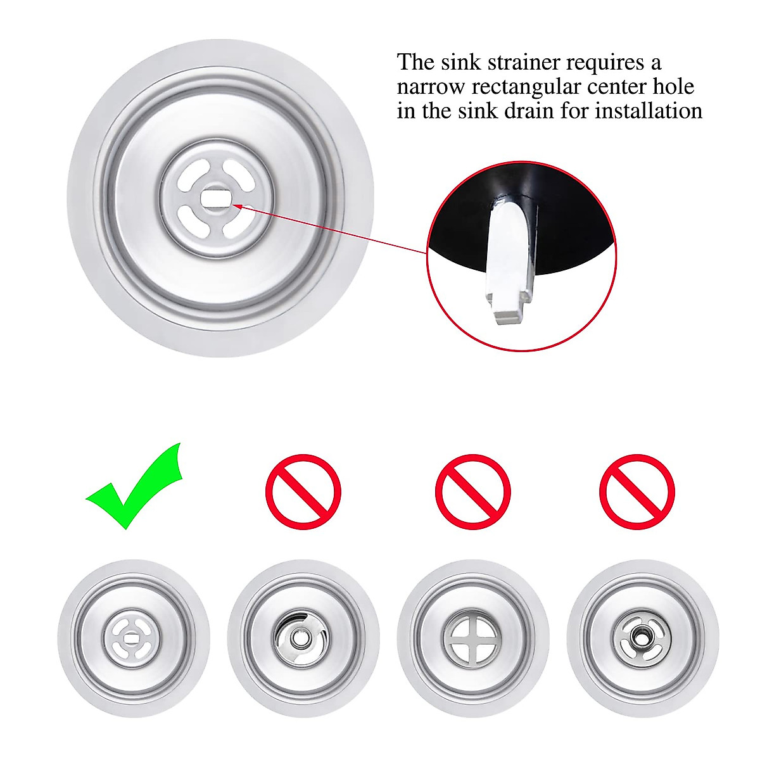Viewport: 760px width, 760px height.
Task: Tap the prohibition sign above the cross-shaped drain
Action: click(472, 492)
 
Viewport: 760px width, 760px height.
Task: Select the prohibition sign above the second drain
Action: click(303, 492)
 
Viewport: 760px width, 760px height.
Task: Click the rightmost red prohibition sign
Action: click(636, 492)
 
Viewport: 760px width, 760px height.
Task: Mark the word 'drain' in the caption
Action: click(508, 111)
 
